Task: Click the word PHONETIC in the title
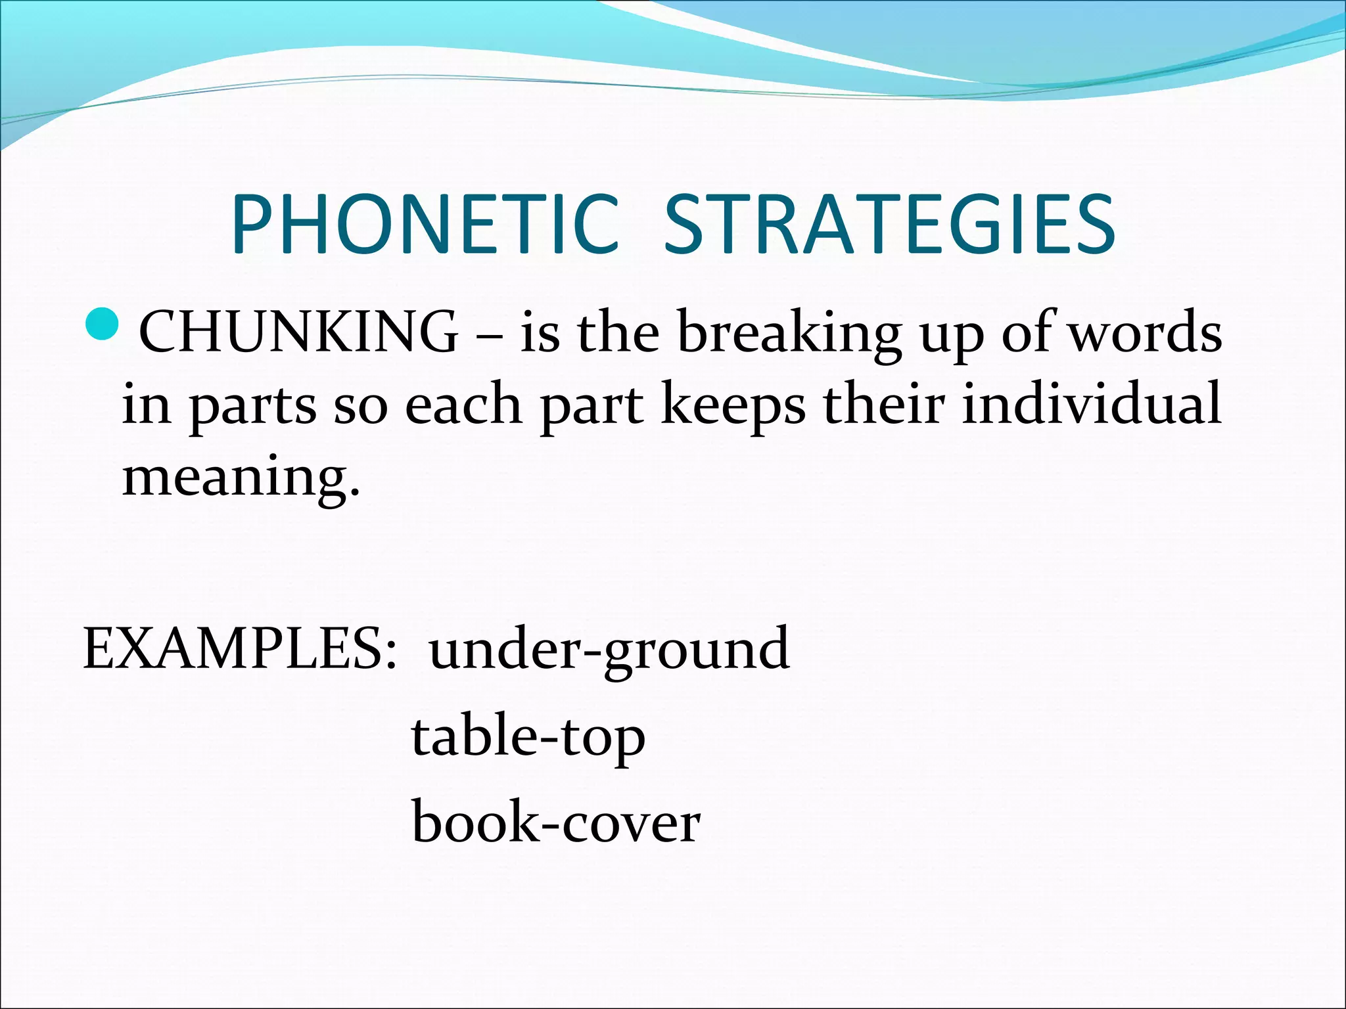(x=425, y=225)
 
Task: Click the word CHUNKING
(x=299, y=332)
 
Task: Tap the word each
(x=463, y=404)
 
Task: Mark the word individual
(x=1092, y=404)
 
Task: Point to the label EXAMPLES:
(x=240, y=649)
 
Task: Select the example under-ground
(x=609, y=650)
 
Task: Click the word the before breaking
(x=618, y=332)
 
